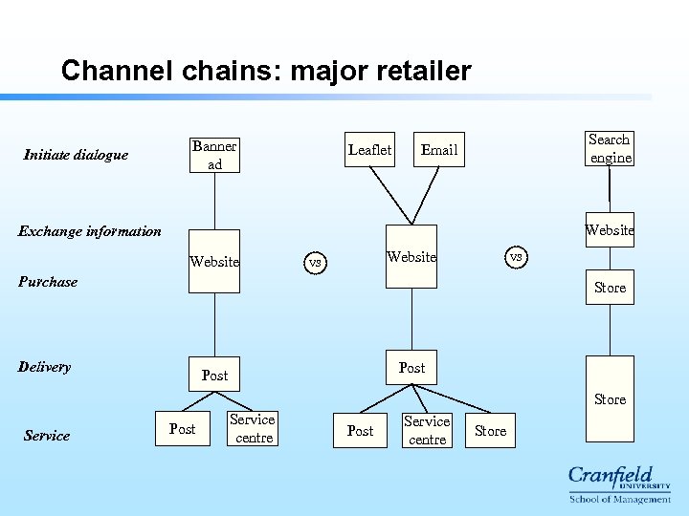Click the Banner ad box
214,155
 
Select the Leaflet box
369,149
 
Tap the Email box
439,149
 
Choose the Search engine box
610,148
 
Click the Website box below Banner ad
214,261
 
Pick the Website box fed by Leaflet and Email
411,256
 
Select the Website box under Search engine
610,229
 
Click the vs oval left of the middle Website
315,262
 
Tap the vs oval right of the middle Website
516,256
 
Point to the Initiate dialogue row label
76,155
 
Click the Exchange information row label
90,231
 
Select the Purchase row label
48,282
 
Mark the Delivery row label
44,367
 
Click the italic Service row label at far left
46,436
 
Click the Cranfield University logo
619,484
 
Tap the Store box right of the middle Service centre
491,431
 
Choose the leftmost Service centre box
253,428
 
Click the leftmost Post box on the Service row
182,429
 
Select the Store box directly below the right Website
610,288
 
